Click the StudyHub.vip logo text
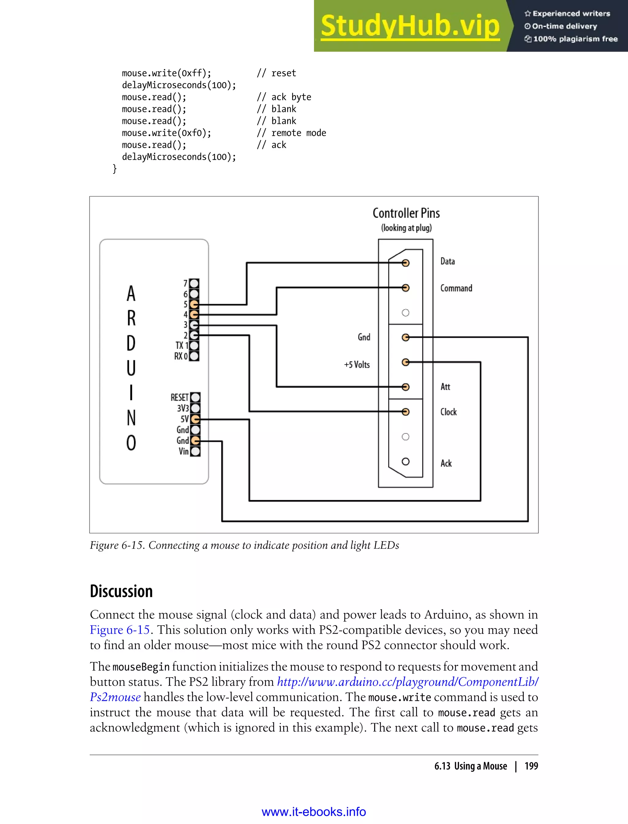pos(410,26)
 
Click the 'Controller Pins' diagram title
pos(406,213)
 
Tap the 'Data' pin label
pos(447,261)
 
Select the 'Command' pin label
pos(456,288)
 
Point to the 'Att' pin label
pos(445,387)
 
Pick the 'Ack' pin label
pos(446,464)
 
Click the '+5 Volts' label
pos(357,365)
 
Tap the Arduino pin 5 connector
pos(194,304)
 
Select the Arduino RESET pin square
pos(195,397)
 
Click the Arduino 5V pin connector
pos(195,419)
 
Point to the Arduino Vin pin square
pos(195,452)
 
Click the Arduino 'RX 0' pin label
pos(181,356)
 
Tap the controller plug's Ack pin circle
pos(406,462)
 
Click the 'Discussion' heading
pos(121,592)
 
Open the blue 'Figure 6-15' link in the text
pos(120,630)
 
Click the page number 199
pos(531,766)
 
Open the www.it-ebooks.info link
pos(314,812)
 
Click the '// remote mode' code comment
pos(292,133)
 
